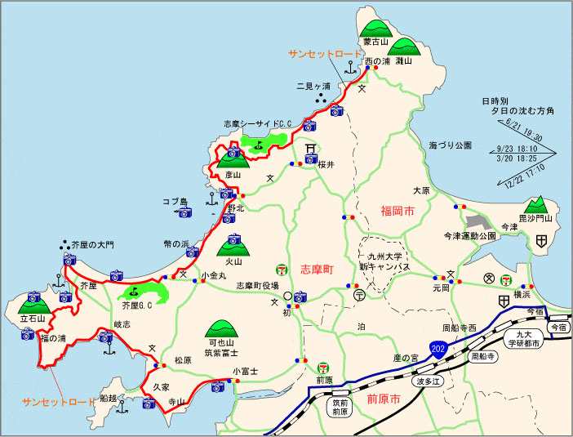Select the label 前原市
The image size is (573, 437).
coord(383,399)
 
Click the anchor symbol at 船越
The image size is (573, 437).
coord(121,405)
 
